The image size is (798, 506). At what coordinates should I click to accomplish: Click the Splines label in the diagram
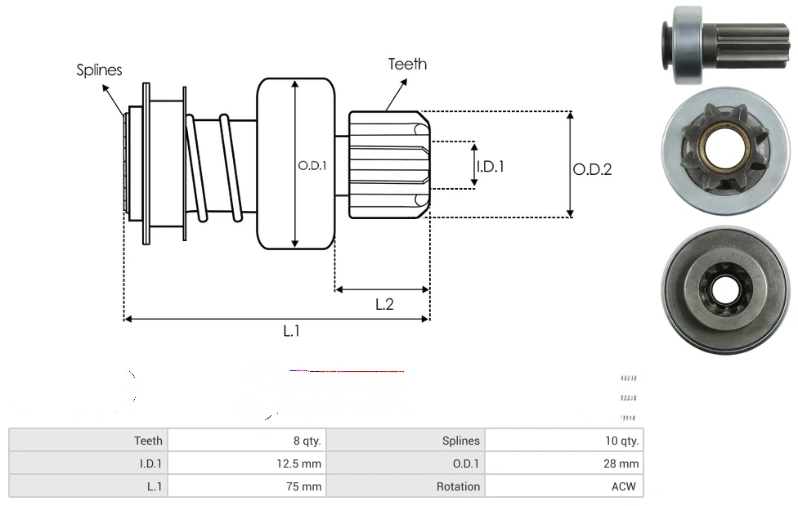click(x=99, y=70)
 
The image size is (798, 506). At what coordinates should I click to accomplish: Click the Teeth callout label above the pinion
click(x=407, y=64)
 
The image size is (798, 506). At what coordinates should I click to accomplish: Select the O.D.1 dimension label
click(x=312, y=165)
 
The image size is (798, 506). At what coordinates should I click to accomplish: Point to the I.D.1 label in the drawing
click(x=491, y=166)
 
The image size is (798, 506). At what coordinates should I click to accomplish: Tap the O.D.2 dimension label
click(x=592, y=169)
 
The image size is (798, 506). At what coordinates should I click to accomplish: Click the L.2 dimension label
click(x=384, y=304)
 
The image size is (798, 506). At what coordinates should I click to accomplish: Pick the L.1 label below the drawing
click(x=292, y=331)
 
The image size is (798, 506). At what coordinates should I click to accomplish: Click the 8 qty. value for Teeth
click(x=307, y=441)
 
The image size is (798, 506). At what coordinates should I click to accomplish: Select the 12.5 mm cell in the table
click(x=299, y=463)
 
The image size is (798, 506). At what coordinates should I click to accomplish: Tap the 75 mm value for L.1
click(x=307, y=486)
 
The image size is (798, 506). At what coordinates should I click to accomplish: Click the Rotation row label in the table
click(x=458, y=486)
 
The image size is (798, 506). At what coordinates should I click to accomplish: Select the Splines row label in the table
click(x=461, y=441)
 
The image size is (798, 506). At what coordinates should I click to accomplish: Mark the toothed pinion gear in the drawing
click(x=388, y=165)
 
